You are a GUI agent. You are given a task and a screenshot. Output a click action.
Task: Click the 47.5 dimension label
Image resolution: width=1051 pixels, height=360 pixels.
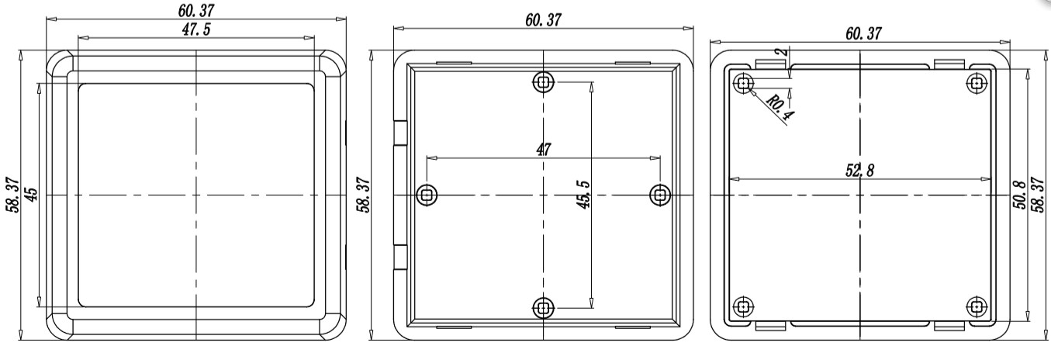pyautogui.click(x=196, y=29)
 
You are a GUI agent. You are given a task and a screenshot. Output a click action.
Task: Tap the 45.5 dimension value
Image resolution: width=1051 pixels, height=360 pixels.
pyautogui.click(x=583, y=195)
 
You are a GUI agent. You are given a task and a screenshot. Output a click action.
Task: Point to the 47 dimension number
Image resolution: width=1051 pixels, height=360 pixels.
pyautogui.click(x=543, y=150)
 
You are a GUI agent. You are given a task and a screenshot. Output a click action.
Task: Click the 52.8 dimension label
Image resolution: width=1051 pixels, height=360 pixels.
pyautogui.click(x=859, y=170)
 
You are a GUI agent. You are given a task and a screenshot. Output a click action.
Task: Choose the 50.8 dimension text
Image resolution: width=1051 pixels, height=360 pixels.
pyautogui.click(x=1018, y=195)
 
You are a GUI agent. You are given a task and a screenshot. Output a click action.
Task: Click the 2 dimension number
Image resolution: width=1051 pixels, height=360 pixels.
pyautogui.click(x=781, y=52)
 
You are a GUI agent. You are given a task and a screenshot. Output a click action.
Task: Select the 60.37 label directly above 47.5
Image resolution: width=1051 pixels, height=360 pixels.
pyautogui.click(x=196, y=10)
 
